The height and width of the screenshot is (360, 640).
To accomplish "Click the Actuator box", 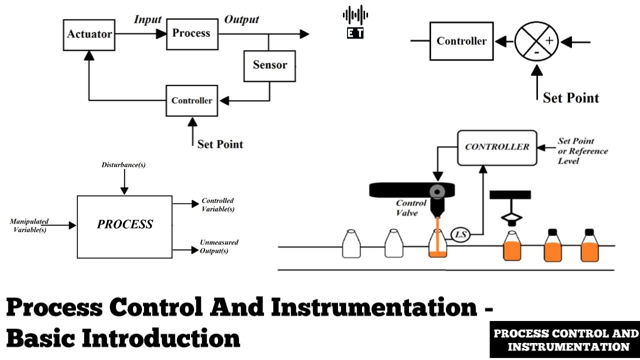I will [x=89, y=35].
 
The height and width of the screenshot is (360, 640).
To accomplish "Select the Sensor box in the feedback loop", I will [x=269, y=65].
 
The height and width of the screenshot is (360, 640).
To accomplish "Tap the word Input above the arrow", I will [x=147, y=19].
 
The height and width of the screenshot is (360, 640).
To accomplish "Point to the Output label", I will [x=241, y=19].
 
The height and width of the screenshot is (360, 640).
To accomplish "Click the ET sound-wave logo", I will [x=355, y=22].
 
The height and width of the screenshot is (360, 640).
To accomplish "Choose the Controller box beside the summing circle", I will [x=461, y=41].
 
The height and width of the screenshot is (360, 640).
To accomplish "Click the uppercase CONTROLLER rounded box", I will [x=497, y=147].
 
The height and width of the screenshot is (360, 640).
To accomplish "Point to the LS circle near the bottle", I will [x=460, y=234].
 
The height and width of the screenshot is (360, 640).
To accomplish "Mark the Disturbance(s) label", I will [x=123, y=165].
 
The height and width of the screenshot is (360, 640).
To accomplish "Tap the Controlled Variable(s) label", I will [x=217, y=205].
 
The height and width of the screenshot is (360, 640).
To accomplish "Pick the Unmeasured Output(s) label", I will [x=218, y=246].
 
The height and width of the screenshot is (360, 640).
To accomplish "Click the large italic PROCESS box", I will [x=124, y=226].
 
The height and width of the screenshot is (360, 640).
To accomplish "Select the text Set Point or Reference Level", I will [x=582, y=151].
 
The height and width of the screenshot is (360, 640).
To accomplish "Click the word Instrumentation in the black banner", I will [x=568, y=346].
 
